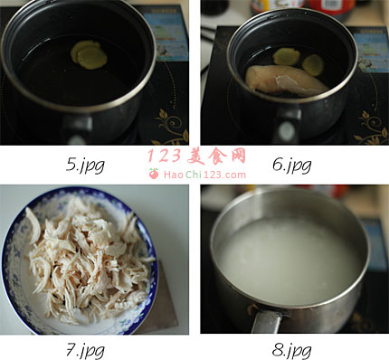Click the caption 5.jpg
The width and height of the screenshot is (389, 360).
tap(85, 165)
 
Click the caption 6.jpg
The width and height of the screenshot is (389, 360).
tap(291, 165)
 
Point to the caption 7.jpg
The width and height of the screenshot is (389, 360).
tap(85, 350)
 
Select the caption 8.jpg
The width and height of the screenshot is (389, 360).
tap(291, 350)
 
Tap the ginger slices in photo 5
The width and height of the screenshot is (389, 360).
tap(89, 54)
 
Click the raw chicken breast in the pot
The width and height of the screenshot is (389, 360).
tap(285, 80)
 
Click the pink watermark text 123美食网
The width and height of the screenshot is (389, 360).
tap(196, 156)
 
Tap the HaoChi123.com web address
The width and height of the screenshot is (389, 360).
tap(204, 175)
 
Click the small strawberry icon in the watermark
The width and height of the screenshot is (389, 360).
tap(154, 174)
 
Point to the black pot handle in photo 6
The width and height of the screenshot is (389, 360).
tap(287, 125)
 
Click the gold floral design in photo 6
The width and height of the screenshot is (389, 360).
tap(372, 128)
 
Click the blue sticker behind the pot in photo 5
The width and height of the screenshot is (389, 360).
tap(170, 33)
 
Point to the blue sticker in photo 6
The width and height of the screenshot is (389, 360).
tap(372, 50)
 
